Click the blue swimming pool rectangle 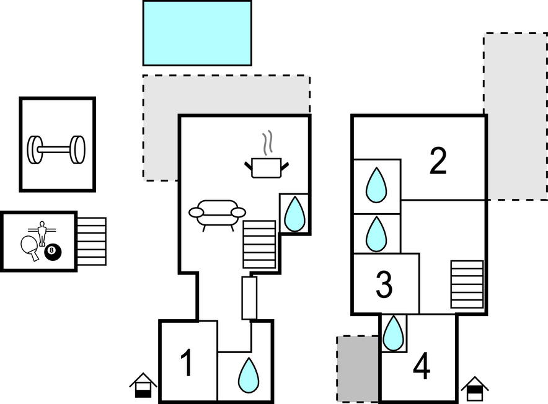[x=197, y=33]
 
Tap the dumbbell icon [x=56, y=149]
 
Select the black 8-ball [x=53, y=252]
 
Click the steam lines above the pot [x=267, y=143]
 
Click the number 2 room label [x=438, y=161]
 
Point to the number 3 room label [x=384, y=284]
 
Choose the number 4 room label [x=422, y=367]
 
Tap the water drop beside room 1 [x=249, y=375]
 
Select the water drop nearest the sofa [x=294, y=213]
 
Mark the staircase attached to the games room [x=92, y=241]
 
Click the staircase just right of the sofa [x=259, y=244]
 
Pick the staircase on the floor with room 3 [x=466, y=284]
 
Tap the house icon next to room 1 [x=143, y=385]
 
